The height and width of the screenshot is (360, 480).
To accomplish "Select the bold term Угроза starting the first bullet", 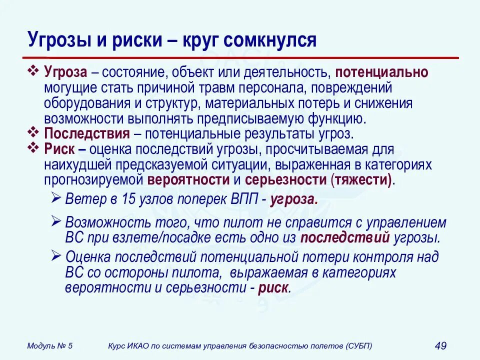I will (66, 72).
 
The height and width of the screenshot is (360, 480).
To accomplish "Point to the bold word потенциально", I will (382, 72).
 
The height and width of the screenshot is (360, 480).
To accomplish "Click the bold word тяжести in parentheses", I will (361, 180).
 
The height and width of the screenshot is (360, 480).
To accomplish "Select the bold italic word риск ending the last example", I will (273, 288).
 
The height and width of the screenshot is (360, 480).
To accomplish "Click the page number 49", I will (440, 345).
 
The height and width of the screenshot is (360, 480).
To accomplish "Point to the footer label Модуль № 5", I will (50, 345).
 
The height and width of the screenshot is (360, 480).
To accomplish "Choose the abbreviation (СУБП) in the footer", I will (358, 345).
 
